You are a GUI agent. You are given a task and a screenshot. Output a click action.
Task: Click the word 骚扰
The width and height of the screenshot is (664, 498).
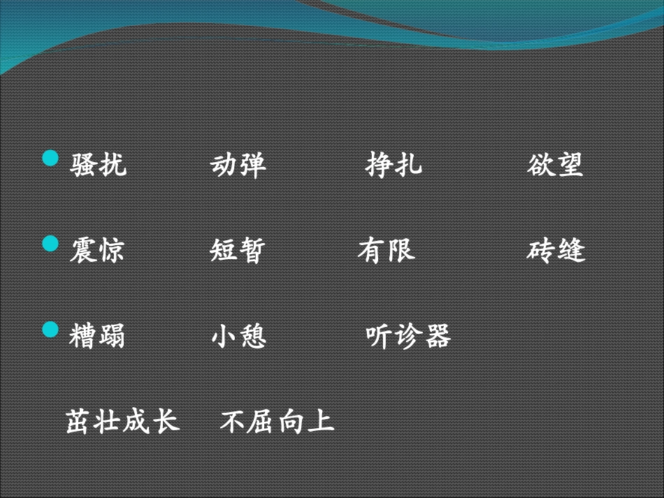pos(99,165)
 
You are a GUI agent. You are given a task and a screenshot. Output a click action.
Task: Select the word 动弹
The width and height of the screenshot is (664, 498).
pos(238,165)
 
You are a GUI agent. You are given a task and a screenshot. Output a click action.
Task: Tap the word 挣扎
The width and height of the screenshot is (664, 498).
pos(394,165)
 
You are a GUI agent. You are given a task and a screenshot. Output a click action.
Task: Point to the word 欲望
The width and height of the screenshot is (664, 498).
pos(555,165)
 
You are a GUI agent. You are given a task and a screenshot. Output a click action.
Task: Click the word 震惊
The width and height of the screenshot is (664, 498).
pos(98,250)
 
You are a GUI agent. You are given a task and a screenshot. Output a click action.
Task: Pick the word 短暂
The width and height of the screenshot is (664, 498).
pos(238,250)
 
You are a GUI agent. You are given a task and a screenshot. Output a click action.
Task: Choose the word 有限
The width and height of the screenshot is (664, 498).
pos(387,250)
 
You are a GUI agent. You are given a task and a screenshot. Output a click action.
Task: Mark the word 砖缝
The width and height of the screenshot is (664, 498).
pos(556,250)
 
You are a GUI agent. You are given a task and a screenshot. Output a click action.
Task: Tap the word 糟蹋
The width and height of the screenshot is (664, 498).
pos(98,336)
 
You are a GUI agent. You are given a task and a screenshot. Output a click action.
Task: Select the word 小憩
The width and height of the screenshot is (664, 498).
pos(238,336)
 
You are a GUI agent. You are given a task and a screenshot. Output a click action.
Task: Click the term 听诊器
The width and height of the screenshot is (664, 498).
pos(408,336)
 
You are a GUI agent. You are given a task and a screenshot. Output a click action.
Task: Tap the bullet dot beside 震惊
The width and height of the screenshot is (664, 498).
pos(51,244)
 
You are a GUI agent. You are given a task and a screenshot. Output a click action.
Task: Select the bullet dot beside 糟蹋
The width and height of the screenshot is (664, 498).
pos(51,329)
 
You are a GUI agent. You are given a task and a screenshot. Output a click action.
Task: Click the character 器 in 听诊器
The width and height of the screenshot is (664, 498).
pos(438,336)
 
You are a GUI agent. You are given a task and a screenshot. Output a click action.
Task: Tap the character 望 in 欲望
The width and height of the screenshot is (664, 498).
pos(570,165)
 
